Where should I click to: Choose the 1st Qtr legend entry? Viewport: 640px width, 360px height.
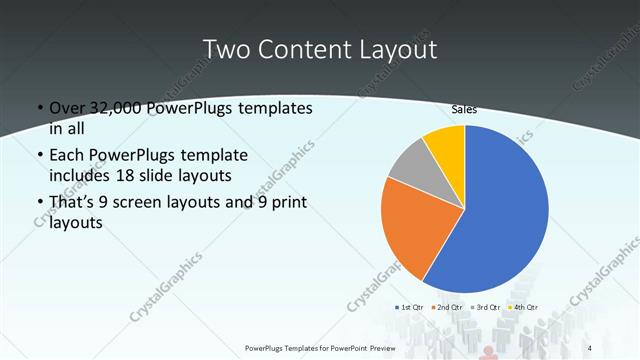(410, 307)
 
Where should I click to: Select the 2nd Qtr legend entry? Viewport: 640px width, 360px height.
(446, 307)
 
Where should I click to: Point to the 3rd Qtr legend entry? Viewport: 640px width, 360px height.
(485, 307)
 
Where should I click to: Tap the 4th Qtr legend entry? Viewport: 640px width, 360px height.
(523, 307)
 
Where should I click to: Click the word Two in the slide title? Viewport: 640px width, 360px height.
(226, 49)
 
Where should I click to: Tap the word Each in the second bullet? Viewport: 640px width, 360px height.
(67, 156)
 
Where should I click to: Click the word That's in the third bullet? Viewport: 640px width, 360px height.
(73, 204)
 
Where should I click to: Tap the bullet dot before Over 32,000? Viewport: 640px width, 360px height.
(39, 109)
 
